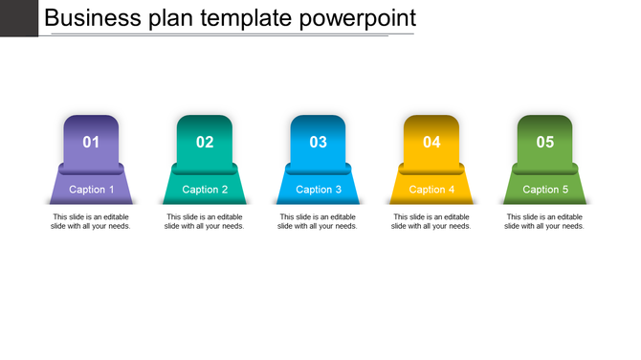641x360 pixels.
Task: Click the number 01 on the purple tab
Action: click(x=91, y=143)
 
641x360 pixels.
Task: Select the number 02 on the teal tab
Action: click(x=205, y=143)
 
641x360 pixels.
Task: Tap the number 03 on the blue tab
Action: click(x=319, y=143)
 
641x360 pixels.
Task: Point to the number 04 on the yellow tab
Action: click(x=431, y=143)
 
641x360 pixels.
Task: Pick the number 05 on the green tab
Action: click(x=545, y=143)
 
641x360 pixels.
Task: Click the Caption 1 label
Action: click(x=92, y=190)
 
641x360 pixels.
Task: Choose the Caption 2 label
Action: click(x=205, y=190)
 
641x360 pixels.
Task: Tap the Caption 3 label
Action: click(x=319, y=190)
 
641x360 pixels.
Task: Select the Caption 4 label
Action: click(x=431, y=190)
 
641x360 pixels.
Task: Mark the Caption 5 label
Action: click(x=545, y=190)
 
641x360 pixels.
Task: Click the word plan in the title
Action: click(x=172, y=17)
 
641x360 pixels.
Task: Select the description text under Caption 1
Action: click(x=91, y=221)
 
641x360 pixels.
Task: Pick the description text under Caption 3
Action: click(x=319, y=221)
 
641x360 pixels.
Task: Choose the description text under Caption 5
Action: click(x=545, y=221)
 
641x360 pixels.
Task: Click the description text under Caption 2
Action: click(x=205, y=221)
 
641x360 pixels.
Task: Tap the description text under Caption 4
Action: click(x=431, y=221)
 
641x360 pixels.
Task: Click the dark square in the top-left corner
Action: click(x=18, y=17)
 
